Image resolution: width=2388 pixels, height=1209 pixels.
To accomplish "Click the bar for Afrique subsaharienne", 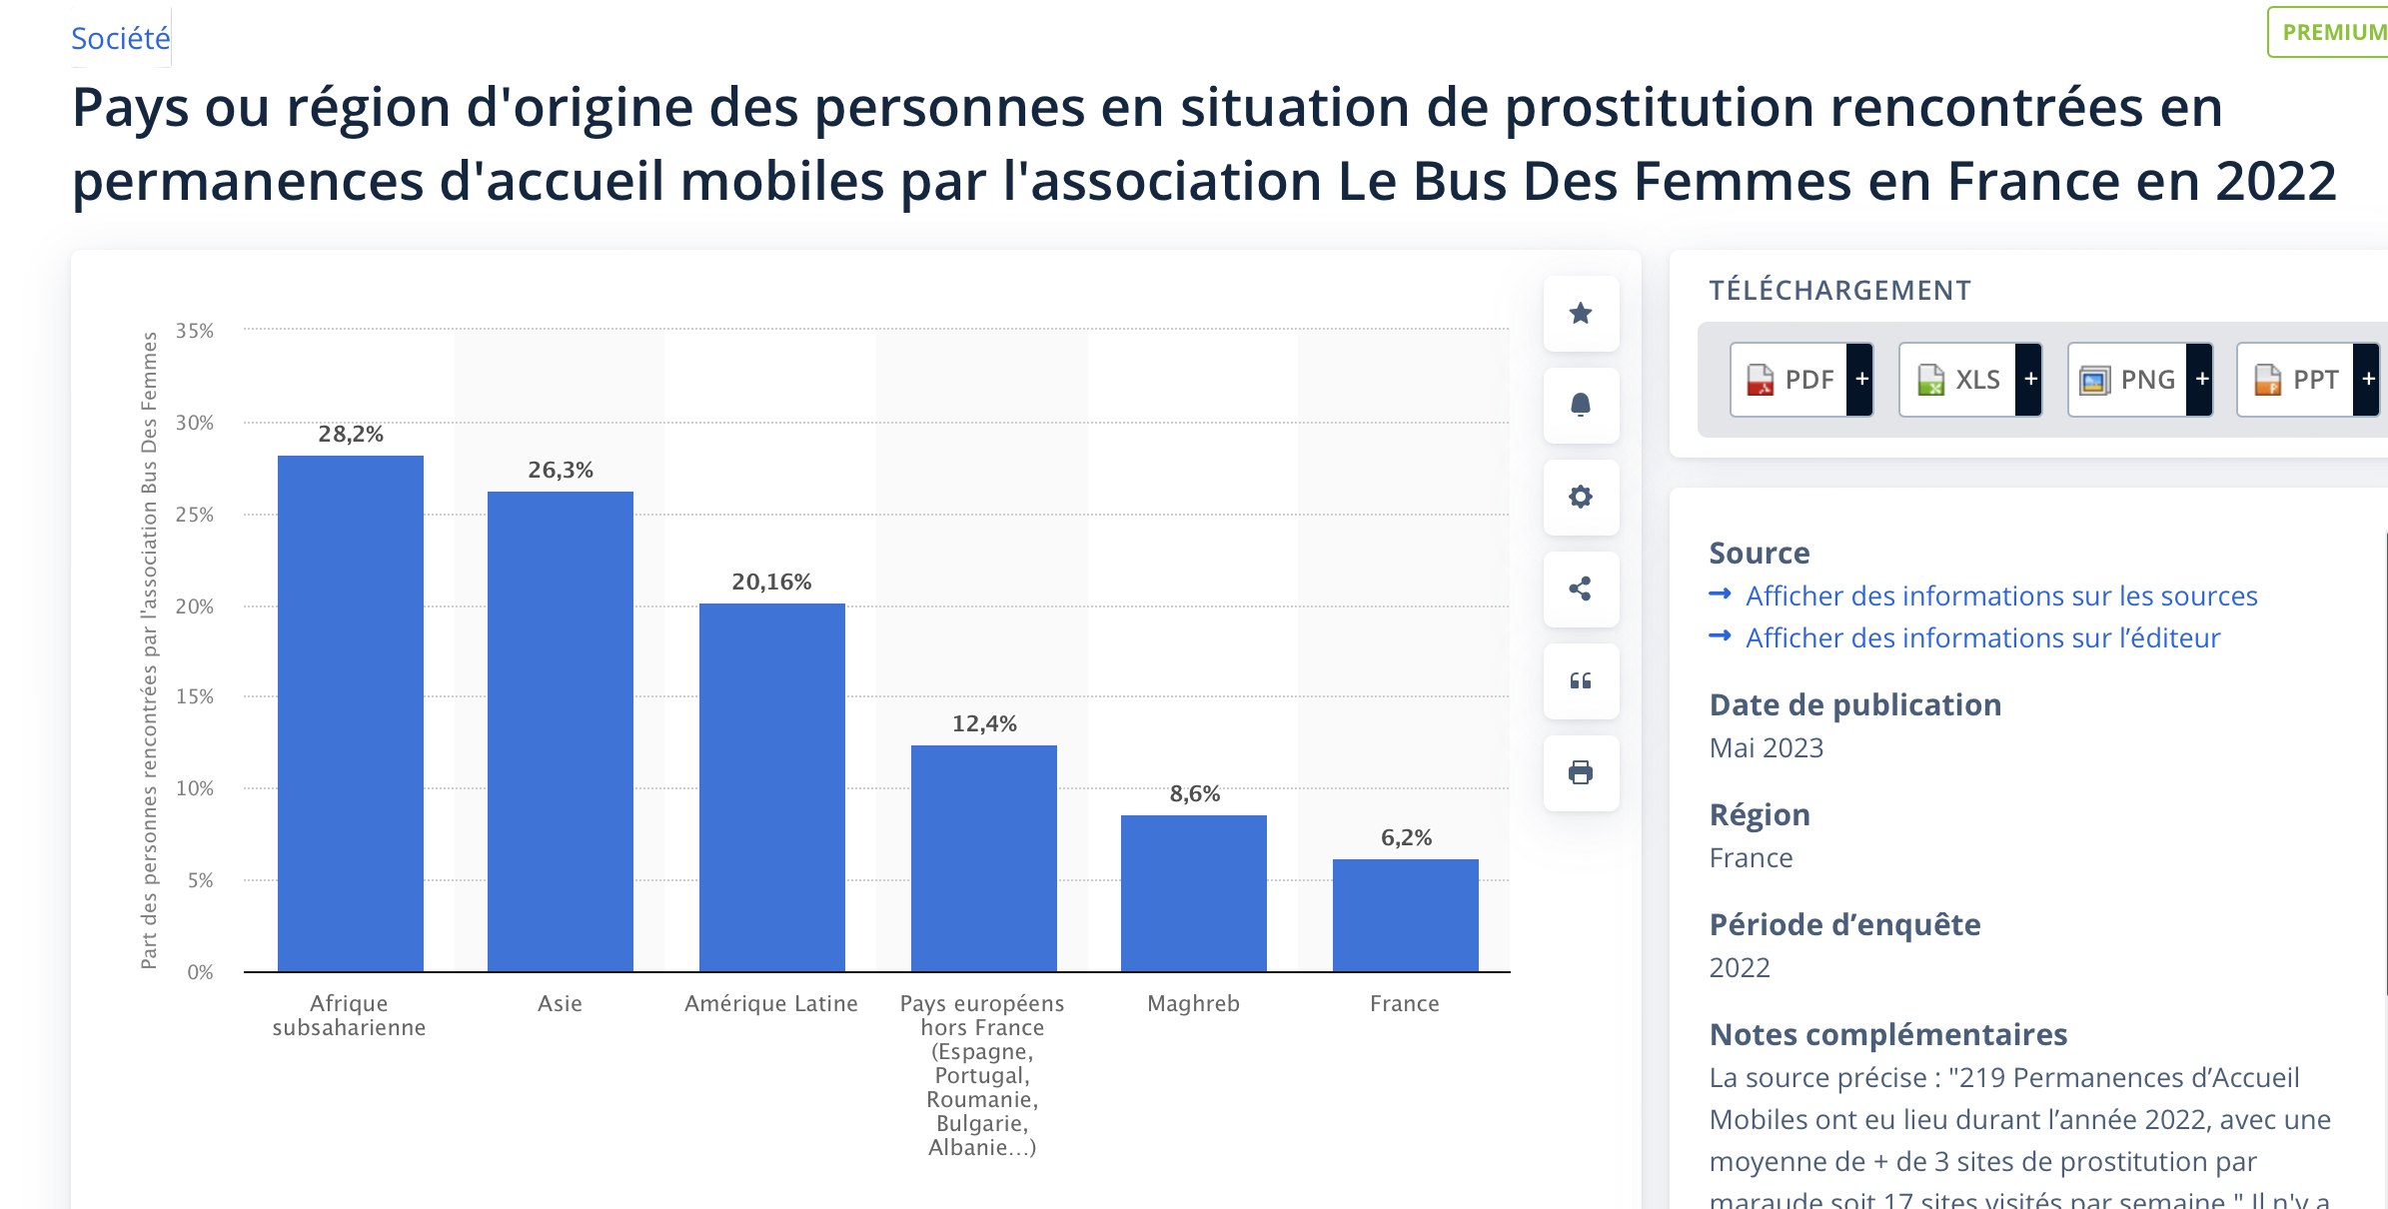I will [350, 713].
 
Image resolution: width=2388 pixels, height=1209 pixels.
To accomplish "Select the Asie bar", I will [560, 731].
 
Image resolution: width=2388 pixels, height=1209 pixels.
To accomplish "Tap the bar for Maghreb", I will [1193, 893].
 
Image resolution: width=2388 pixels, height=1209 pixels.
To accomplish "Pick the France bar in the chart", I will [1405, 915].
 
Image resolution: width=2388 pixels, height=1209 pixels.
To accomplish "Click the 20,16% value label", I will [771, 582].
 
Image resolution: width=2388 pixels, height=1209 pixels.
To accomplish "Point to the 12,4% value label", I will [984, 723].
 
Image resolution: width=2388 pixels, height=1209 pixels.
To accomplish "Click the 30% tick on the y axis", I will [195, 423].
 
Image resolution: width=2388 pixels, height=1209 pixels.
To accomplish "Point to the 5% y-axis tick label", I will [200, 880].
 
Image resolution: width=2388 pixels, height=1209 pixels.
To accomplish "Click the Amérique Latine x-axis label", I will [770, 1003].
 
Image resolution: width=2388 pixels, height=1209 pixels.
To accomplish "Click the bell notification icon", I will [1581, 405].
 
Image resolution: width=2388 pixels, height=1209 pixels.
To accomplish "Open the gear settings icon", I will [1581, 497].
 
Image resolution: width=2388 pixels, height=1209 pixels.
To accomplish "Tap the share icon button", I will [1581, 589].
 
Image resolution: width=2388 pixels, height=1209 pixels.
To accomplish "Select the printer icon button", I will [1581, 772].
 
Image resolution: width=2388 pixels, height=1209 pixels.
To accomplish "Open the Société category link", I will [121, 38].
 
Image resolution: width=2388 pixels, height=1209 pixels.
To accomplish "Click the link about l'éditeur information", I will [1982, 637].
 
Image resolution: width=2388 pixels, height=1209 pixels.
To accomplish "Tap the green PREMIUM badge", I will [2332, 32].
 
